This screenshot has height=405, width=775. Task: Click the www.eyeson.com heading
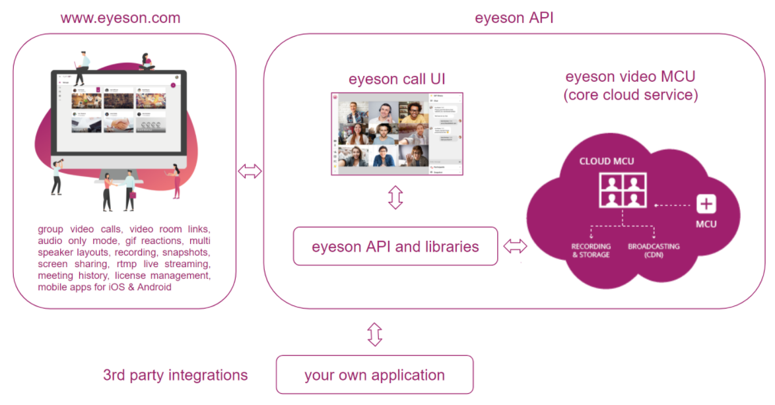pos(120,18)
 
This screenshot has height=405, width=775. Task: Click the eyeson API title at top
pos(514,18)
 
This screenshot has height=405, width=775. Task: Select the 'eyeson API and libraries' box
pos(395,247)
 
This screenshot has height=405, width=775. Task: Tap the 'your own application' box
pos(374,375)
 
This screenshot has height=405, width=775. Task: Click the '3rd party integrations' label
pos(175,375)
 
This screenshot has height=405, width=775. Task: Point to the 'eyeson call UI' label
pos(397,80)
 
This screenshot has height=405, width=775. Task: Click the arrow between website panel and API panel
pos(250,172)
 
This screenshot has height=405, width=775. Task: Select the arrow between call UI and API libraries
pos(395,197)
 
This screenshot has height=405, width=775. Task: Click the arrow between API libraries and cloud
pos(516,247)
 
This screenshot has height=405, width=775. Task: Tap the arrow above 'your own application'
pos(374,334)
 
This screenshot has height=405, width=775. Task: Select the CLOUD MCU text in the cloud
pos(607,161)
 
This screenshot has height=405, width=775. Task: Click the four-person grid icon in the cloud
pos(622,190)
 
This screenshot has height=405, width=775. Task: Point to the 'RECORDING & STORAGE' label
pos(591,250)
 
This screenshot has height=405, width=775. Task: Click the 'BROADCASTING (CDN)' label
pos(654,250)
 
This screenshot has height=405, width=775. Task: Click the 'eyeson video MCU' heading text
pos(630,77)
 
